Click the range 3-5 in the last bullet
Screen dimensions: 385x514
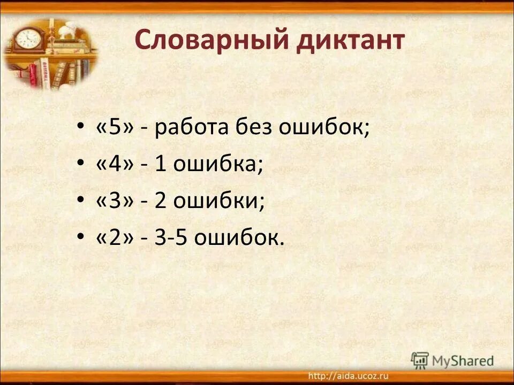pos(171,238)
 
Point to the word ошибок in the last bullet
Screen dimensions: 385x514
pos(239,238)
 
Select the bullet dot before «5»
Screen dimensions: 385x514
pos(80,129)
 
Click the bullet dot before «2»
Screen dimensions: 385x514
pos(80,238)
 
